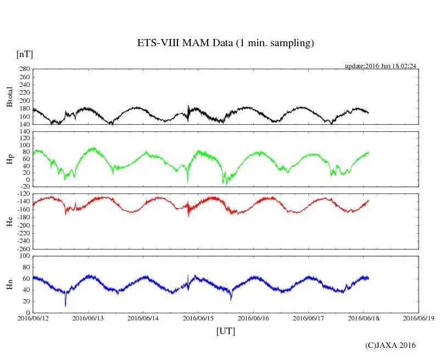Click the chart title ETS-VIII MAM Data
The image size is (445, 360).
[225, 43]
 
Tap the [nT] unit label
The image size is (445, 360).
[24, 54]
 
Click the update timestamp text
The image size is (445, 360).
[380, 66]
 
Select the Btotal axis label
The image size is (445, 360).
[9, 97]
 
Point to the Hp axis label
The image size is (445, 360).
[9, 159]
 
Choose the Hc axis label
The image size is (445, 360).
[9, 221]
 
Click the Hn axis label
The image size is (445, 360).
[9, 284]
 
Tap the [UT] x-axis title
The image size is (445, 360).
[225, 331]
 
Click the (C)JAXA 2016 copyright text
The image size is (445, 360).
[390, 345]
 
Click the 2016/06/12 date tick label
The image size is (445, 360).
[33, 318]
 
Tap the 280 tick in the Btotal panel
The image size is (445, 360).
[24, 69]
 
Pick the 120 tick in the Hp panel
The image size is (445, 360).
[24, 131]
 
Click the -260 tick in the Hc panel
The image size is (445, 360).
[21, 248]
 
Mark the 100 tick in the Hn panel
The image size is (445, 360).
[24, 256]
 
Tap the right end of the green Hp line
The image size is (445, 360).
[369, 152]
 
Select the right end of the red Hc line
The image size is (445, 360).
[369, 201]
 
